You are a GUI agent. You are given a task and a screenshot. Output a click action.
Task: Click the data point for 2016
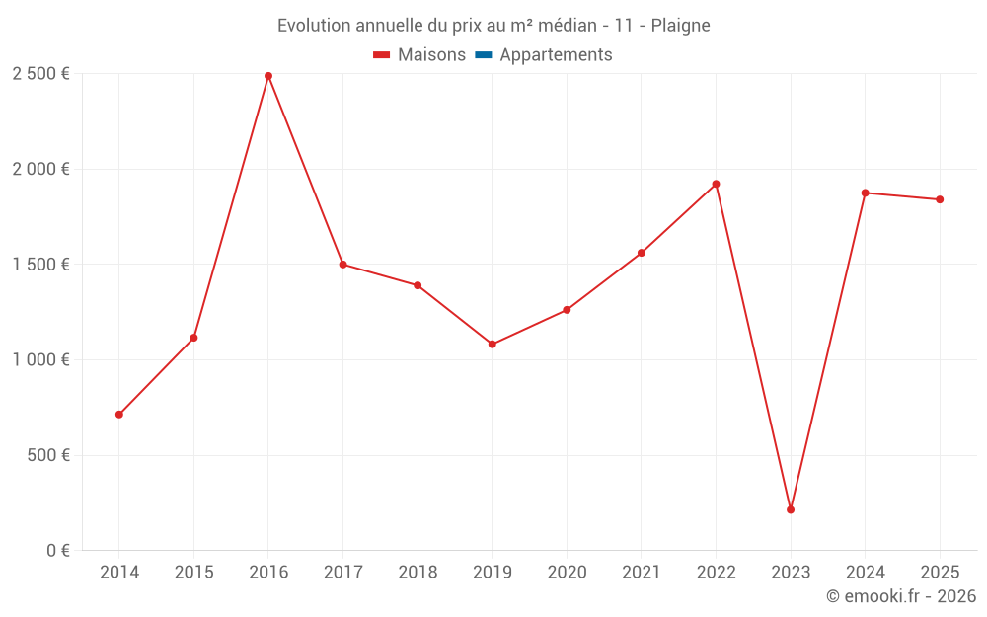tap(268, 76)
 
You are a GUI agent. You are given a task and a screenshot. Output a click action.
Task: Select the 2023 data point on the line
tap(791, 509)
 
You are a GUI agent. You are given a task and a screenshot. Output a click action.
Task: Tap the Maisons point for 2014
tap(119, 415)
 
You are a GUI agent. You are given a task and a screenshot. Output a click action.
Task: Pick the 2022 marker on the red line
tap(716, 184)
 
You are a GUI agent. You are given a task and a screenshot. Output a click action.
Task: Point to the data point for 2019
tap(493, 345)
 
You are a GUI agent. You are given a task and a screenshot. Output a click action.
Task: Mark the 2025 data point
tap(940, 199)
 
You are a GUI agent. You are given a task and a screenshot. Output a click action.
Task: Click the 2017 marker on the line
tap(342, 265)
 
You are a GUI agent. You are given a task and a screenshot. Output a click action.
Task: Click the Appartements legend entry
tap(556, 55)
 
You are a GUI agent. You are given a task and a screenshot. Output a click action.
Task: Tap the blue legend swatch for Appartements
tap(484, 55)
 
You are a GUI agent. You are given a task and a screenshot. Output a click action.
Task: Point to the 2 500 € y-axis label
tap(40, 74)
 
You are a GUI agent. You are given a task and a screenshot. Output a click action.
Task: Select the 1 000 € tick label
tap(40, 360)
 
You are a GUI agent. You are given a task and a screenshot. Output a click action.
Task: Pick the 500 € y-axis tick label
tap(47, 455)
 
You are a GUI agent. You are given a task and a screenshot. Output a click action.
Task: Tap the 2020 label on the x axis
tap(567, 573)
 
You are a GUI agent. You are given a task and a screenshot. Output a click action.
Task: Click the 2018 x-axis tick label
tap(418, 573)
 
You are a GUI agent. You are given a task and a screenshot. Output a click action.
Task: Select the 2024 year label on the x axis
tap(866, 573)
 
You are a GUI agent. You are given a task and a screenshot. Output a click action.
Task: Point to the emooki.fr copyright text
tap(901, 596)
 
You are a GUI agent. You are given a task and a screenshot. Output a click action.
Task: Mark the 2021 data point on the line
tap(642, 253)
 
